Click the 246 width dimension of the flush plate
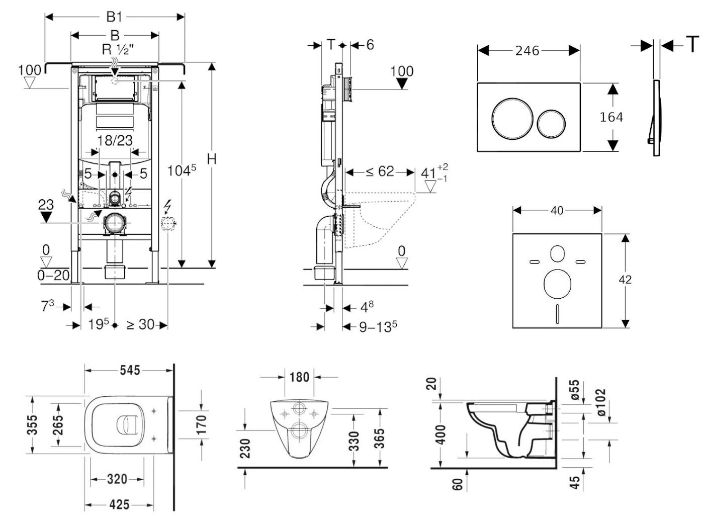(527, 50)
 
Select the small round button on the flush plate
(551, 123)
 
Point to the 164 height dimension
(611, 117)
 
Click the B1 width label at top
(114, 17)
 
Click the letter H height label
(212, 159)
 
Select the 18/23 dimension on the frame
(115, 140)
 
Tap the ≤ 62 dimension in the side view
(380, 171)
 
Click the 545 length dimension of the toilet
(129, 370)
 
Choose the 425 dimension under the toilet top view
(119, 504)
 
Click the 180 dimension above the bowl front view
(300, 377)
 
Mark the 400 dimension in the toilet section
(441, 435)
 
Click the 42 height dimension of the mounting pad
(625, 280)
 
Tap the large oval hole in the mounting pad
(557, 283)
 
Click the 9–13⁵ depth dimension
(378, 327)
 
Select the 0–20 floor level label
(53, 275)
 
